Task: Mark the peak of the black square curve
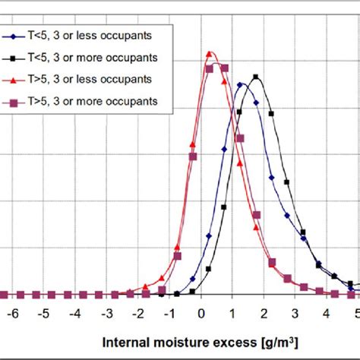click(x=256, y=77)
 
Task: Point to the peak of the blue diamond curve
click(x=241, y=84)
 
